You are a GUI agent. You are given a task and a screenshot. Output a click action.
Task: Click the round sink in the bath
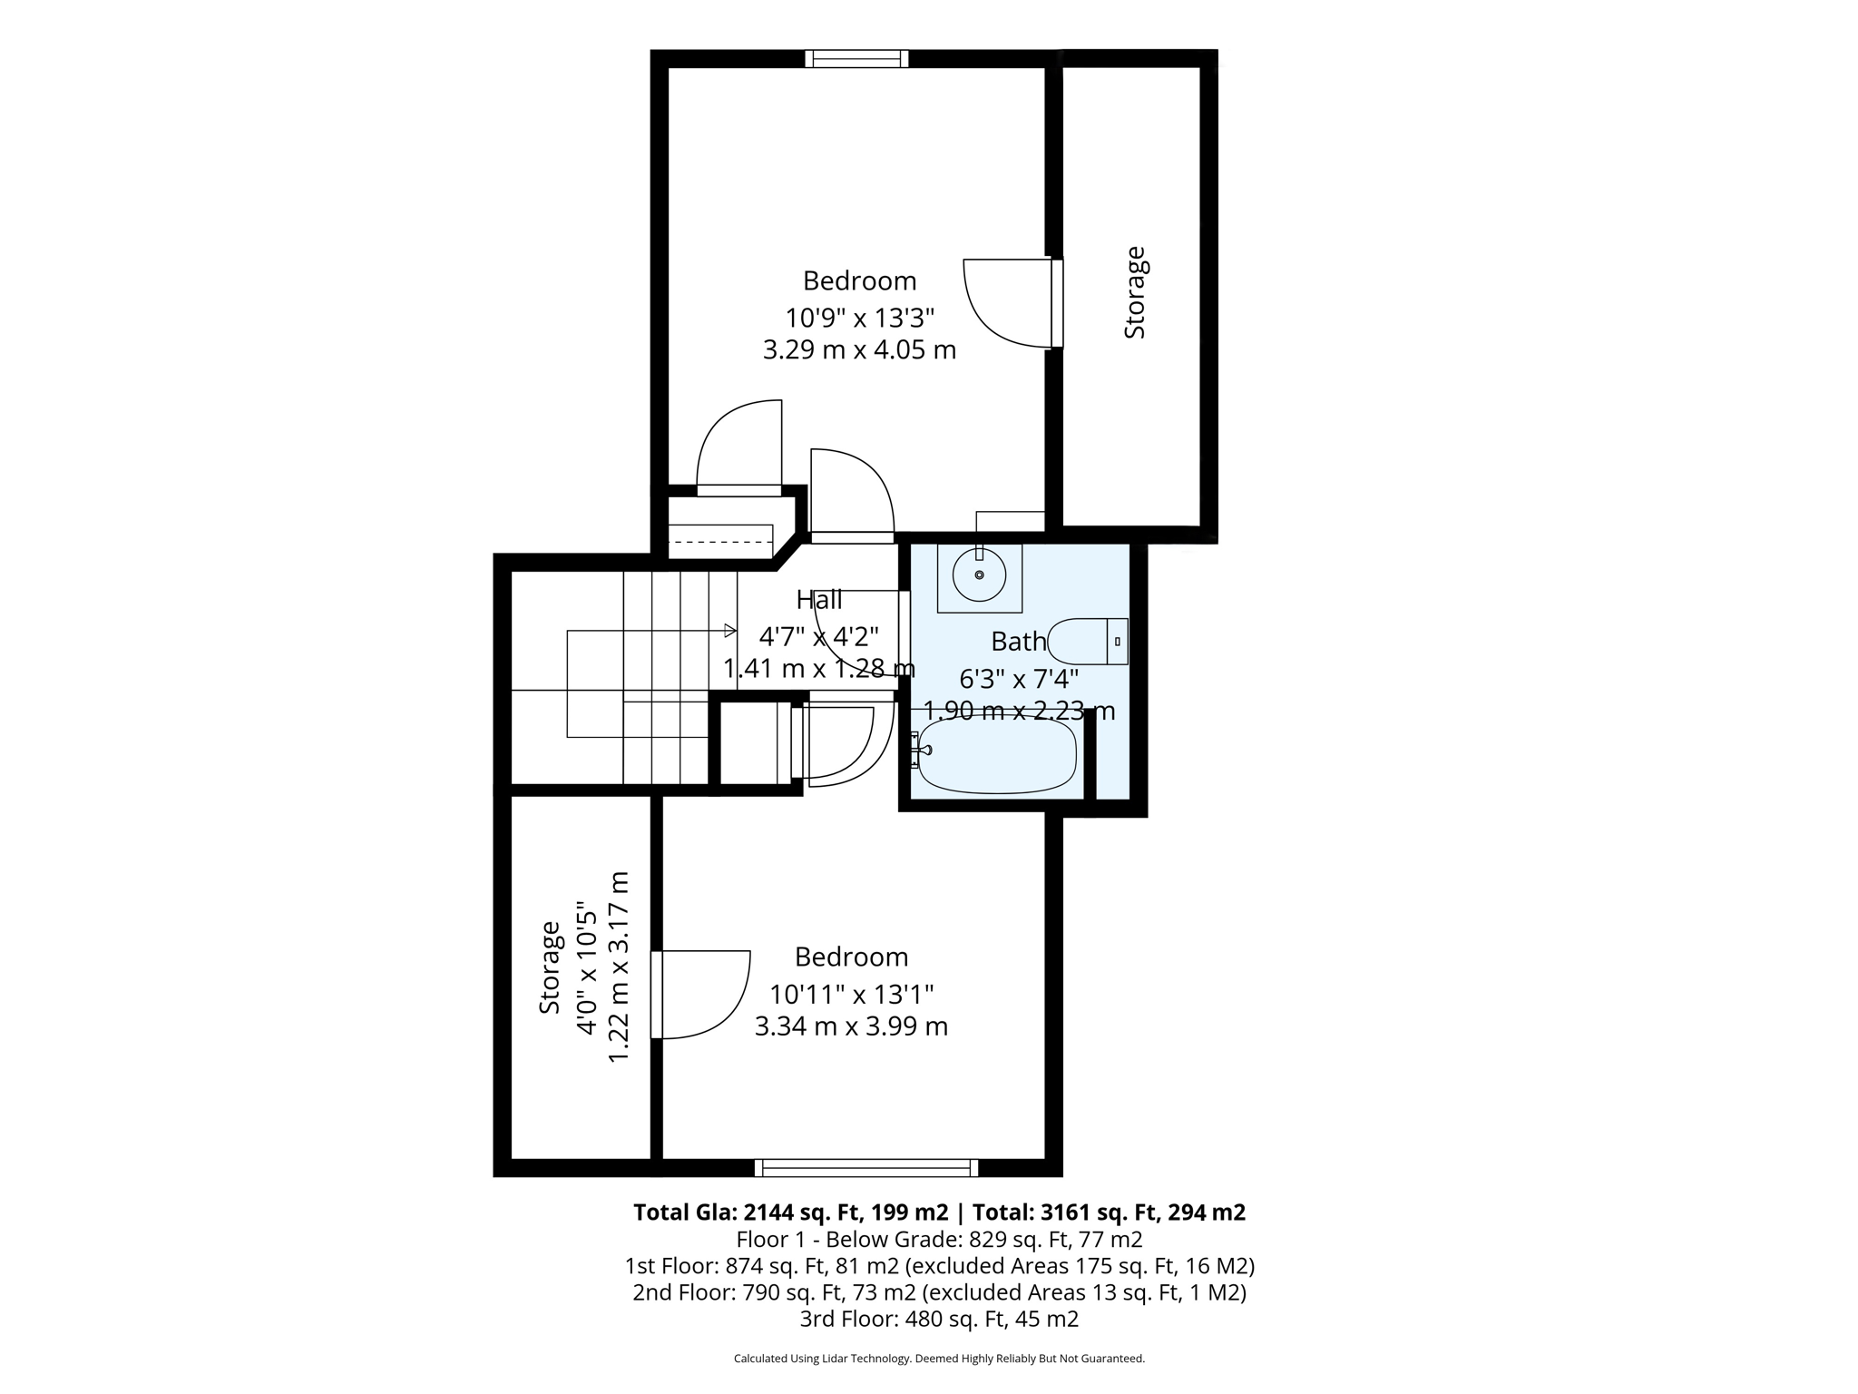[x=979, y=575]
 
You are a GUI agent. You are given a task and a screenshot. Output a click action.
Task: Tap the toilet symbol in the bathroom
[x=1086, y=642]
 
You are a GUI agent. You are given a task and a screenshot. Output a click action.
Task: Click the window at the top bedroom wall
[x=856, y=59]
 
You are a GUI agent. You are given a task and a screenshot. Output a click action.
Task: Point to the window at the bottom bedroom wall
[x=866, y=1168]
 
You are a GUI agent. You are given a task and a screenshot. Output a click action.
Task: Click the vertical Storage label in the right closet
[x=1135, y=292]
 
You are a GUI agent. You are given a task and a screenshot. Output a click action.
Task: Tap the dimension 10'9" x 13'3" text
[x=859, y=318]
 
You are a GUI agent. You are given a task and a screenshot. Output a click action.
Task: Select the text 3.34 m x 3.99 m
[x=851, y=1026]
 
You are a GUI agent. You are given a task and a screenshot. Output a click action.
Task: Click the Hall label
[x=819, y=600]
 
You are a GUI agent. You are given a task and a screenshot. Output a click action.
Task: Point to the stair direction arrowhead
[x=730, y=630]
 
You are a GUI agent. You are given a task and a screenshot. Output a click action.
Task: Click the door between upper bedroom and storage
[x=1056, y=303]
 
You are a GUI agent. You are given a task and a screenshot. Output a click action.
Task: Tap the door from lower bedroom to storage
[x=657, y=994]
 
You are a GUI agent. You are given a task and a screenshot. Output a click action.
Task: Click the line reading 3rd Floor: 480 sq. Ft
[x=939, y=1319]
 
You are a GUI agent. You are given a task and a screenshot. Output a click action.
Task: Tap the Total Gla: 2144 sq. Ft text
[x=789, y=1212]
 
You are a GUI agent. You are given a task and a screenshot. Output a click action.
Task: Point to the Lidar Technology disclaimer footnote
[x=939, y=1359]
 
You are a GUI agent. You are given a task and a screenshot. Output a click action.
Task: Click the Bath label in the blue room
[x=1018, y=642]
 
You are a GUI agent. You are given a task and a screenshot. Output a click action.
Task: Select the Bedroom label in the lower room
[x=851, y=957]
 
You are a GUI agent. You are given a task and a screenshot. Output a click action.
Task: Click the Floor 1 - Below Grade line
[x=939, y=1239]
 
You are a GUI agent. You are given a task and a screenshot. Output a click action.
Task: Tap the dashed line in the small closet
[x=720, y=542]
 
